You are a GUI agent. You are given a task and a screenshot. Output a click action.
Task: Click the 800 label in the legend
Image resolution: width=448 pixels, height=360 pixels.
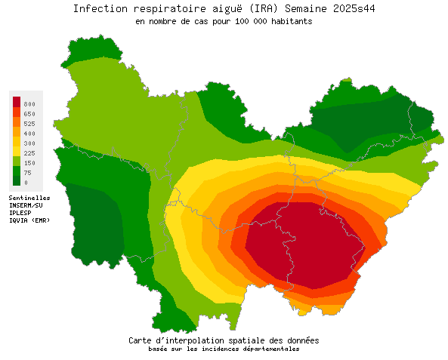point(29,103)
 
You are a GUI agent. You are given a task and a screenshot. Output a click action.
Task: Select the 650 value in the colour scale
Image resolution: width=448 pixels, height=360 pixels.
point(29,113)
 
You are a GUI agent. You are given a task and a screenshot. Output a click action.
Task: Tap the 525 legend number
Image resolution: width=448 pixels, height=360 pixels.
point(29,123)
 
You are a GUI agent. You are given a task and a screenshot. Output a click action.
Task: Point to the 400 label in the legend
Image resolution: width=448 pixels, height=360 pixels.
point(29,133)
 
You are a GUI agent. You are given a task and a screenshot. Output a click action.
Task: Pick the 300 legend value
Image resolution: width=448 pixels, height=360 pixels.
point(29,143)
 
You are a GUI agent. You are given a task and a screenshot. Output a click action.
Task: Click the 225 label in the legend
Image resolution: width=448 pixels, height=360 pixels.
point(29,152)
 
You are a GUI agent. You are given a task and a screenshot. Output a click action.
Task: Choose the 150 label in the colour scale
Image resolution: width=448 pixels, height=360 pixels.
point(29,162)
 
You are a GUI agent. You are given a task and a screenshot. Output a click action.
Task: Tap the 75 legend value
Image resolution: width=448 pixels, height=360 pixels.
point(27,172)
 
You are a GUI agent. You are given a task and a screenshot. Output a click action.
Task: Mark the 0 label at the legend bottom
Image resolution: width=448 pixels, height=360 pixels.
point(26,182)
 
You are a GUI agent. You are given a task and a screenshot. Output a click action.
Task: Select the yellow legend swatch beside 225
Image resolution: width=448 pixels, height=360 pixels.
point(17,152)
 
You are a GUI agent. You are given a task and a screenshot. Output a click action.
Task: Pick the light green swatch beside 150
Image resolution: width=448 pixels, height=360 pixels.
point(17,162)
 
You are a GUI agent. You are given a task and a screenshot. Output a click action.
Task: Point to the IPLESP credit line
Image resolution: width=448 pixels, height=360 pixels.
point(21,213)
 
